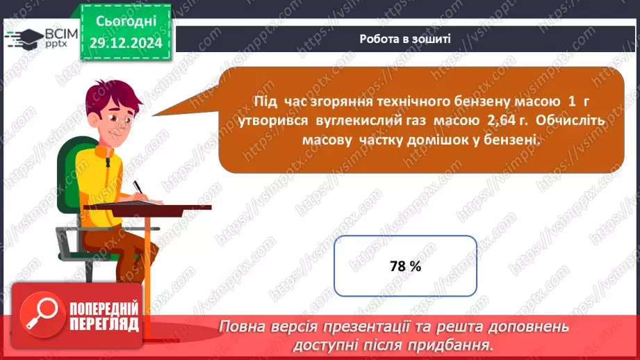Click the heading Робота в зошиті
[x=404, y=39]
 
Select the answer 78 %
[x=405, y=266]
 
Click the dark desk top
[x=153, y=207]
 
